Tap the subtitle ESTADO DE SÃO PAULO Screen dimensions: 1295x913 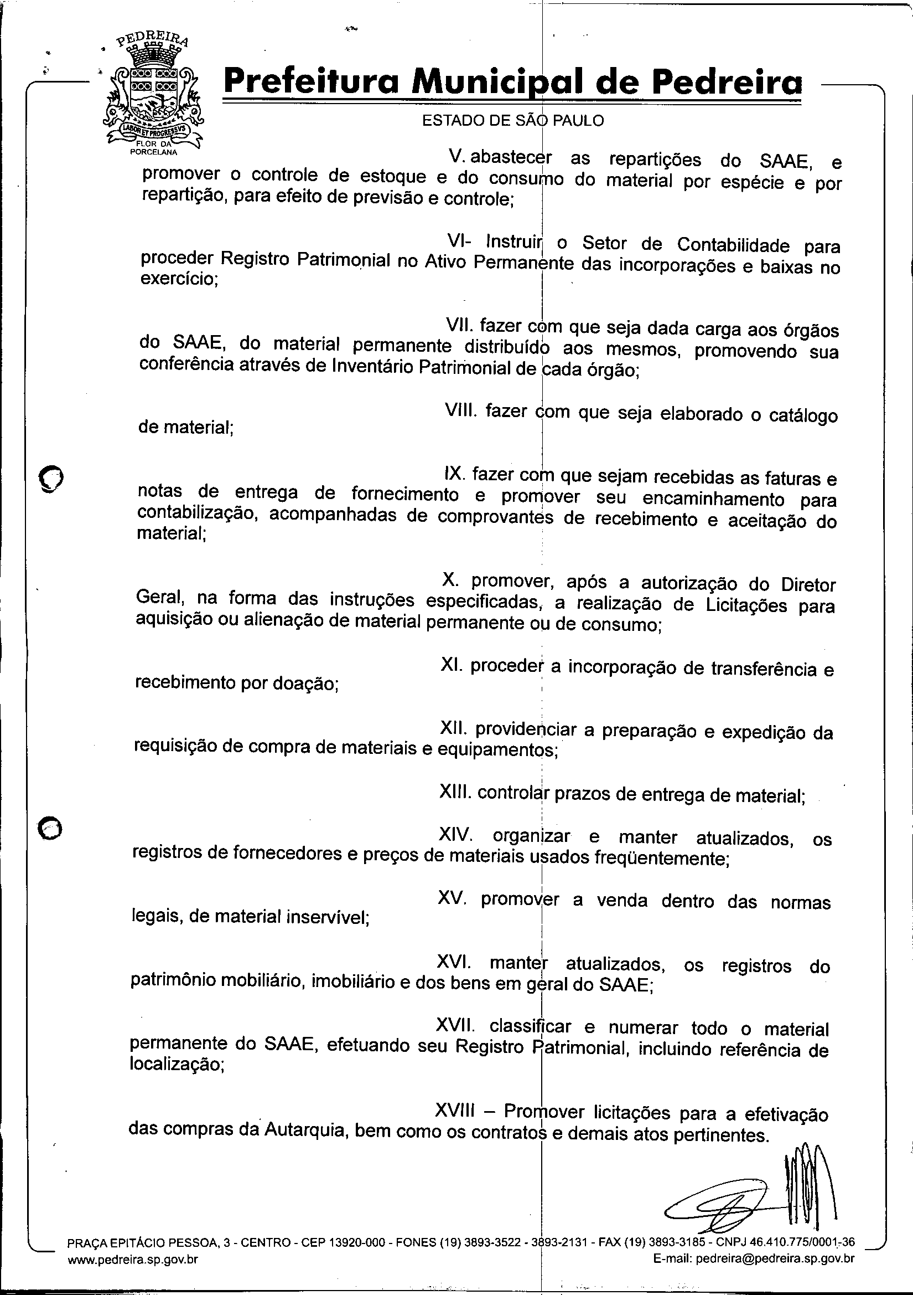[x=513, y=120]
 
